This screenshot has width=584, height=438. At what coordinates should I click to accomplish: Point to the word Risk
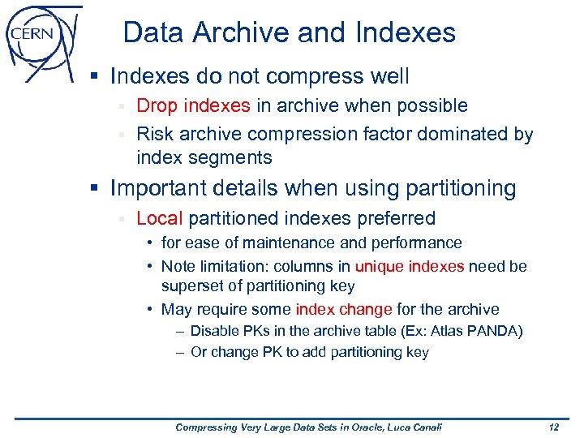[x=154, y=134]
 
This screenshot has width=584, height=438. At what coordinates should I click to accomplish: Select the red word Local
[x=160, y=218]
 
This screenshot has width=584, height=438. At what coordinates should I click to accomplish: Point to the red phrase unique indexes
[x=410, y=266]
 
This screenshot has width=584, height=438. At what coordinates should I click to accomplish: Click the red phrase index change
[x=344, y=309]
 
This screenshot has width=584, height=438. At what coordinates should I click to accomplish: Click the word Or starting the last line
[x=199, y=352]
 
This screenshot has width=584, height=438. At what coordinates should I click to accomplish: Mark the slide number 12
[x=554, y=427]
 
